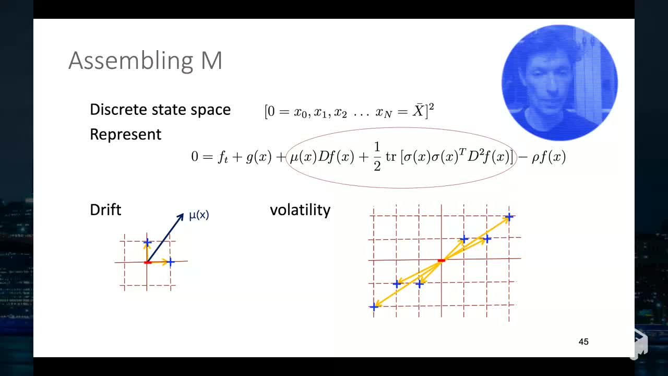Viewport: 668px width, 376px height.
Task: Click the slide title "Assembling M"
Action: [x=145, y=61]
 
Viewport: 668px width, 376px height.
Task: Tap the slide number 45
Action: [x=583, y=342]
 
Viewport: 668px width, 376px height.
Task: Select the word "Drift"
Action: [x=105, y=210]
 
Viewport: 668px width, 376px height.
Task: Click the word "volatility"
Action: [x=300, y=210]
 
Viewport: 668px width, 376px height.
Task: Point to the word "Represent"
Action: [x=125, y=134]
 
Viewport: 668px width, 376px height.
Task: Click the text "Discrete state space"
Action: [x=160, y=110]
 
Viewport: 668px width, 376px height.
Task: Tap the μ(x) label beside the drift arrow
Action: [x=199, y=215]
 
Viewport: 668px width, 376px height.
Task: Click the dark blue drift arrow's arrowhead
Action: [x=181, y=215]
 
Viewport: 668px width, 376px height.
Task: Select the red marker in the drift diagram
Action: [x=148, y=262]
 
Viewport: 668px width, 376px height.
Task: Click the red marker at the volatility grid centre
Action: [x=441, y=260]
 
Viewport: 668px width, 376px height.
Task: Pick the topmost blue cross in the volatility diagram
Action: [x=509, y=216]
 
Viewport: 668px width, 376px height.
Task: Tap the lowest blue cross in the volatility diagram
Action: [x=374, y=307]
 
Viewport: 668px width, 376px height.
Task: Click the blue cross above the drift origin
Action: [x=147, y=242]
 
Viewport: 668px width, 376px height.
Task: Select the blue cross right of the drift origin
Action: [x=170, y=262]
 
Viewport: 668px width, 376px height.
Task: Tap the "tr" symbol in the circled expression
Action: [x=391, y=157]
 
